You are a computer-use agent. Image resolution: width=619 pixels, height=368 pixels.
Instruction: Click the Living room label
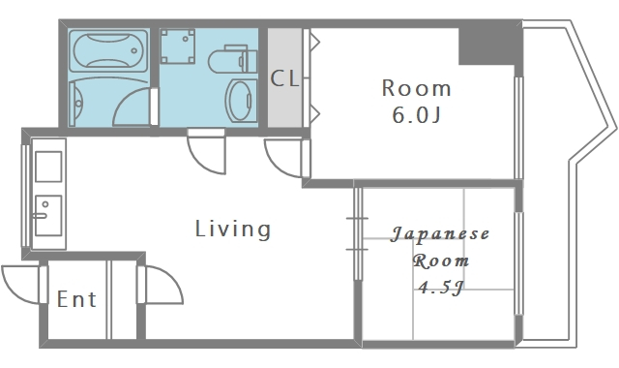(233, 230)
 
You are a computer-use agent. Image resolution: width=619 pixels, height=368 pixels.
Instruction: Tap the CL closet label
(284, 78)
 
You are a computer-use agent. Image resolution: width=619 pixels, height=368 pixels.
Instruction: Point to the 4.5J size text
(441, 288)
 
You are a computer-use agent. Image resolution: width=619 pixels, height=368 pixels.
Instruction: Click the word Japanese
(440, 234)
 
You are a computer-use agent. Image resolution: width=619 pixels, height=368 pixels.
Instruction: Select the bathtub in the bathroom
(109, 50)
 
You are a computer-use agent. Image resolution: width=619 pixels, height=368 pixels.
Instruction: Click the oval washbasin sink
(240, 100)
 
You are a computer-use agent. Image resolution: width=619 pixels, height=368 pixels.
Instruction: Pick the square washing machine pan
(178, 46)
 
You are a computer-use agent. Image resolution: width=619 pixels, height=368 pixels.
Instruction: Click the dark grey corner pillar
(476, 44)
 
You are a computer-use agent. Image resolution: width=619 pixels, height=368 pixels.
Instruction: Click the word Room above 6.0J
(417, 88)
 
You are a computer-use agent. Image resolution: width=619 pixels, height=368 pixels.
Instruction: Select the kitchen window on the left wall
(25, 194)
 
